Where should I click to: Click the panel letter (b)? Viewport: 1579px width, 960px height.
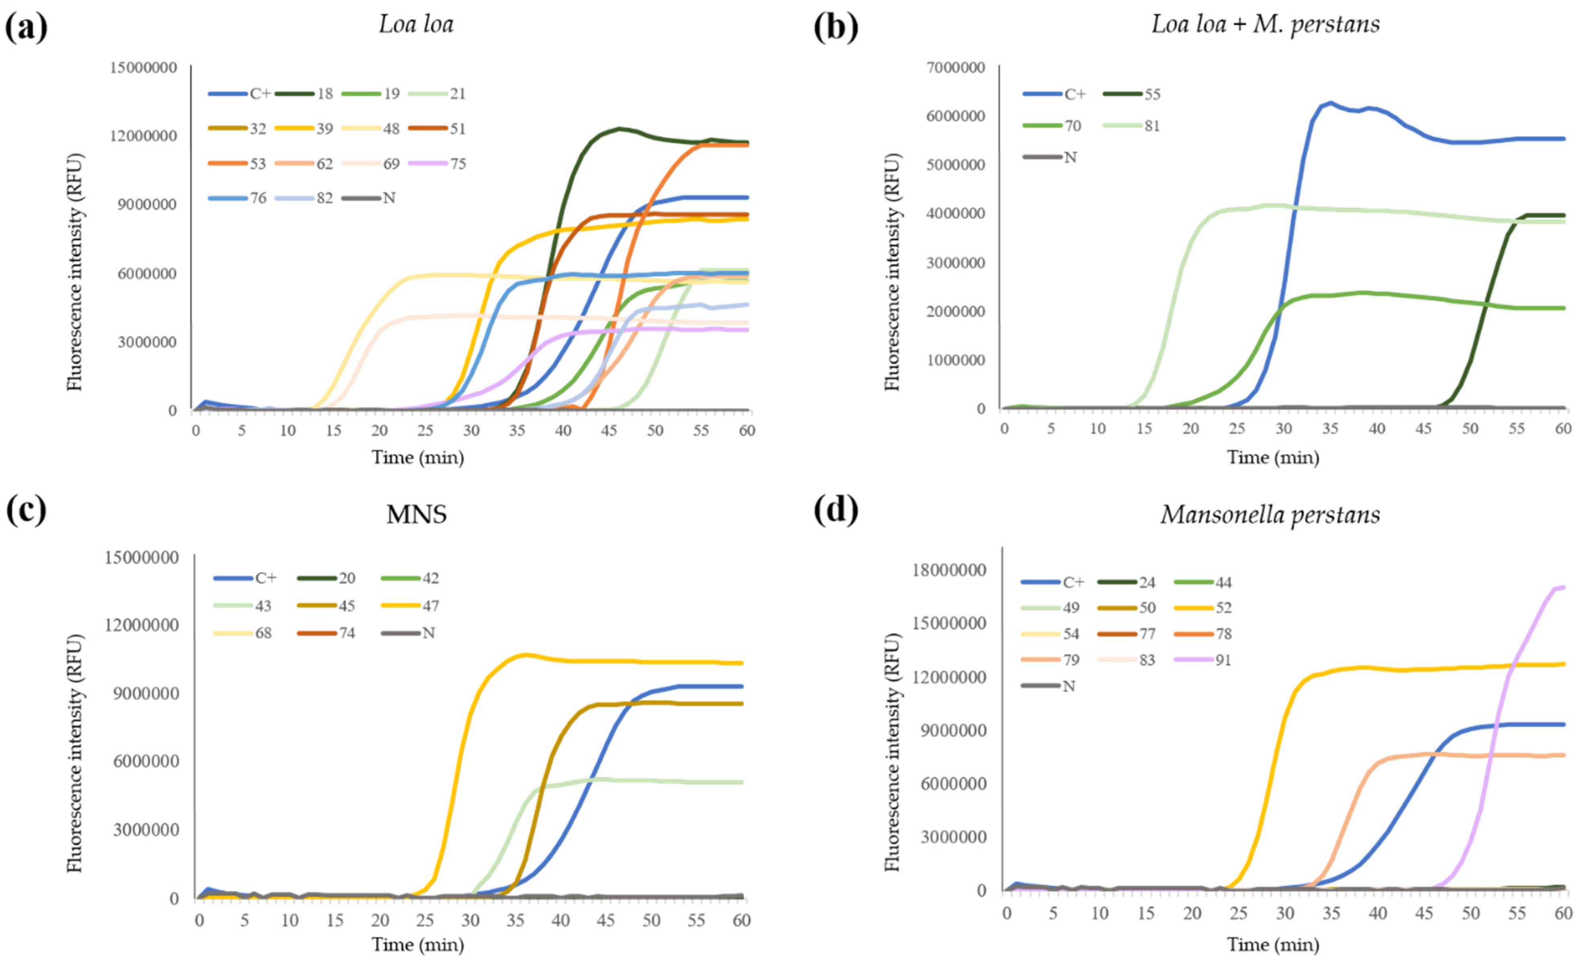[835, 28]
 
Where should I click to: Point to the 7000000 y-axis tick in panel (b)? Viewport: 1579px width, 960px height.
[954, 67]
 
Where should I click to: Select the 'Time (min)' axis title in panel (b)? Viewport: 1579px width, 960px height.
[1273, 458]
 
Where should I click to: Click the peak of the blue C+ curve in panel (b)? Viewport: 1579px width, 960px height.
[1330, 102]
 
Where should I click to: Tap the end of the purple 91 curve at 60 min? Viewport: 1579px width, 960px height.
[1564, 587]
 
